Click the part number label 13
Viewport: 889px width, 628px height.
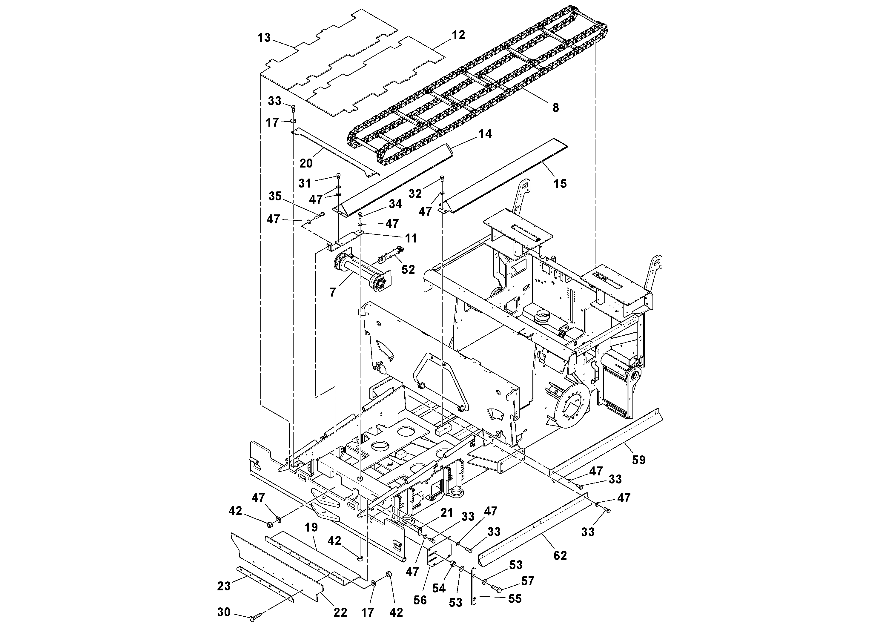point(264,38)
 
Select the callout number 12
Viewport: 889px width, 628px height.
point(458,35)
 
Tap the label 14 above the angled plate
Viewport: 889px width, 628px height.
point(485,134)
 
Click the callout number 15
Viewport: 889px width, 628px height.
point(560,184)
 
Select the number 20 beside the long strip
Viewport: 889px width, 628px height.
point(306,163)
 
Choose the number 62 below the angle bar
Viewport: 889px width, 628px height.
point(560,556)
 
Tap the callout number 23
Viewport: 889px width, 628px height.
point(224,586)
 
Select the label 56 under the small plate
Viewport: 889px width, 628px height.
point(420,600)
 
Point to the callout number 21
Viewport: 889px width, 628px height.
point(446,513)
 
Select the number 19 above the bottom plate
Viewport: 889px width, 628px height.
point(311,527)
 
